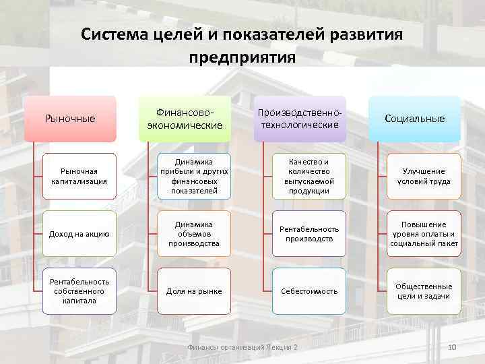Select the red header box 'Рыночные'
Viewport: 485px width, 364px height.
[x=70, y=119]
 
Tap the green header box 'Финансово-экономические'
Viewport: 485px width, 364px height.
[x=185, y=119]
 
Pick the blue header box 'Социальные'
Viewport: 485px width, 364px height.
[x=414, y=119]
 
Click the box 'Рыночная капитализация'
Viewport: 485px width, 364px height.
[x=79, y=177]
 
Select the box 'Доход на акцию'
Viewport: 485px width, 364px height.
[x=79, y=234]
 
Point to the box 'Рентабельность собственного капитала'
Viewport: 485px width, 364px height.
[x=79, y=291]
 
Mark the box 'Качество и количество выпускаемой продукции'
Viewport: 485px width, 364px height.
[x=309, y=177]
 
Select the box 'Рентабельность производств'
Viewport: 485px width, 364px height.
[x=309, y=234]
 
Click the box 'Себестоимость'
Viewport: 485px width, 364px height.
[x=309, y=291]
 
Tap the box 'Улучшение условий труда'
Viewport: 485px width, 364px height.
[x=424, y=177]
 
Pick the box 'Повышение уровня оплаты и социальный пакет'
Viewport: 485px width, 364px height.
[x=424, y=234]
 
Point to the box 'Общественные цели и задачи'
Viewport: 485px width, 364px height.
[x=424, y=291]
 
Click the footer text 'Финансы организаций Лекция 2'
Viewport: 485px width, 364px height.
[x=242, y=347]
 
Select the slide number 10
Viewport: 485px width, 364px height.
[x=452, y=347]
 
